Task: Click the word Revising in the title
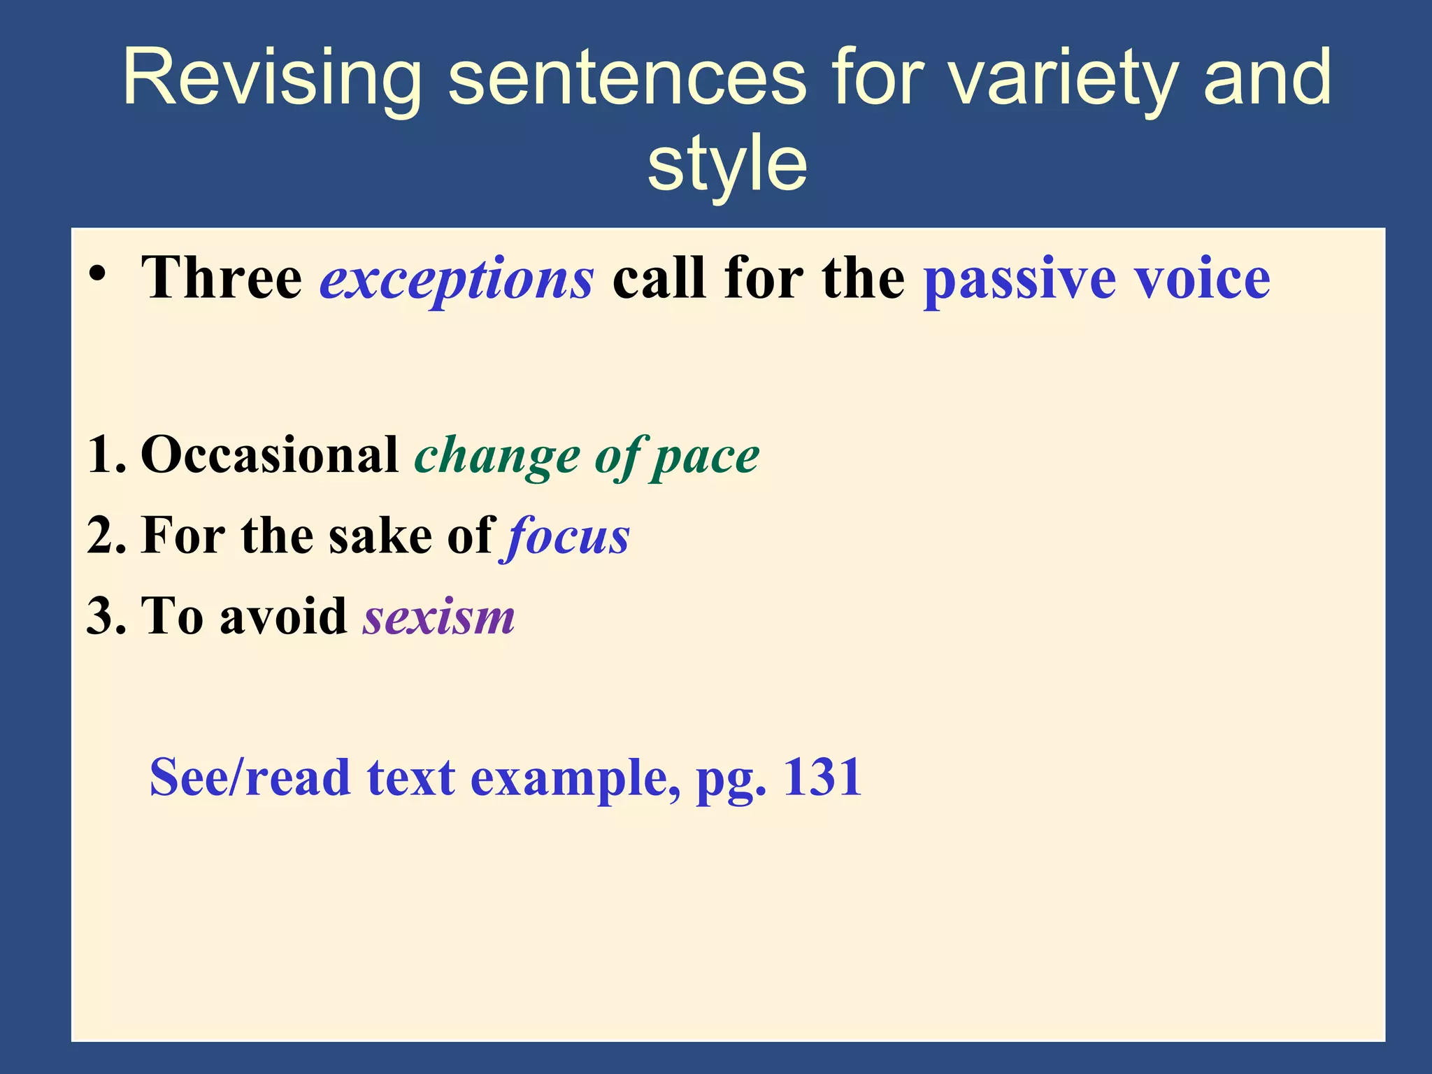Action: pos(271,78)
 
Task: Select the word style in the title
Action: pos(727,165)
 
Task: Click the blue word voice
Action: pos(1202,278)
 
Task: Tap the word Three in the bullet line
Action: pos(222,278)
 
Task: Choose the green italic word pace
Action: pos(706,458)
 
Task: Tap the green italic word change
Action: pos(497,458)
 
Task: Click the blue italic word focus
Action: pos(566,537)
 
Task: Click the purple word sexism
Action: pos(438,617)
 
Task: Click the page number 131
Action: pos(822,778)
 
